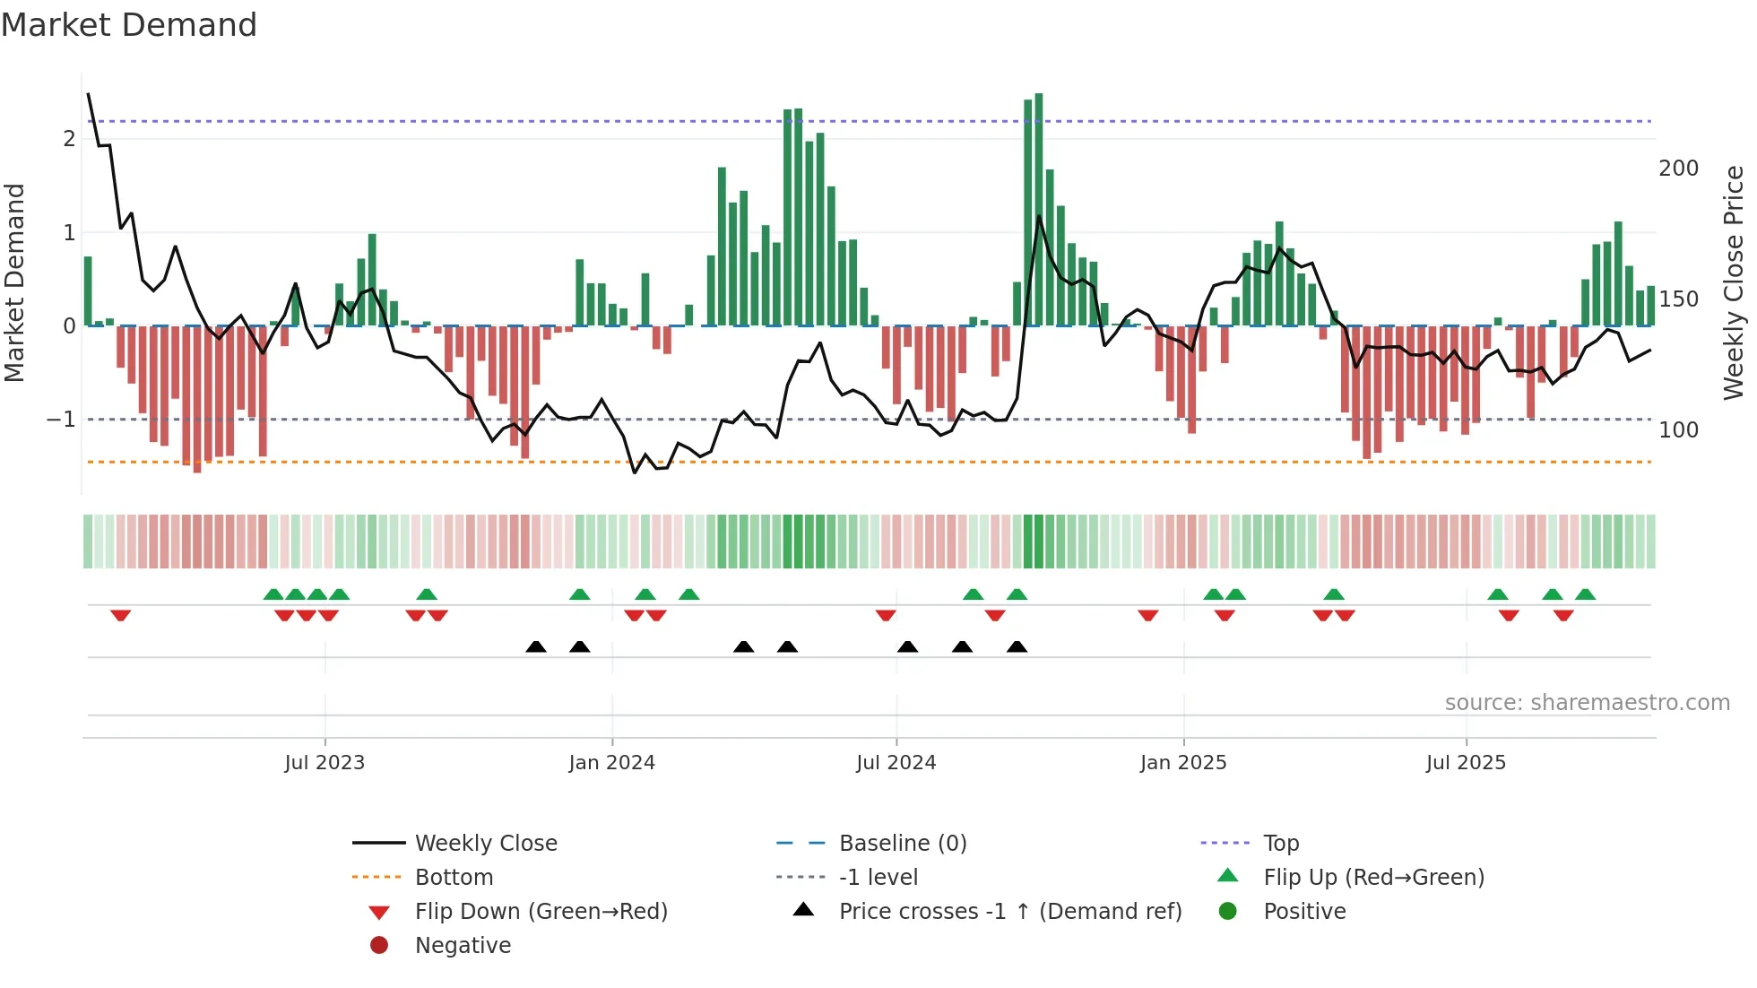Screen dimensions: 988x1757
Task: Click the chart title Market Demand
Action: click(129, 25)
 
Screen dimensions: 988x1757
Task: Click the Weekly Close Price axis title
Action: click(1734, 282)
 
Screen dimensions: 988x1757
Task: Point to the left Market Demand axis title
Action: click(14, 282)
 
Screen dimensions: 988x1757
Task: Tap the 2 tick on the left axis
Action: click(69, 139)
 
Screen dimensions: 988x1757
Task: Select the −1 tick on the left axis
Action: click(61, 420)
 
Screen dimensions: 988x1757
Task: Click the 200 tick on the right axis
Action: click(1678, 169)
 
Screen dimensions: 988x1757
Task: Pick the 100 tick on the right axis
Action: click(1678, 430)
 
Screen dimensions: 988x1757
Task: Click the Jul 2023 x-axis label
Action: click(325, 763)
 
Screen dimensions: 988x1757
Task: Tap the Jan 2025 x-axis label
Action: click(1182, 763)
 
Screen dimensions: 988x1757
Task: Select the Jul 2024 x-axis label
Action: click(896, 763)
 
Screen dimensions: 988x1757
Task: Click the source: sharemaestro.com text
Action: click(1587, 703)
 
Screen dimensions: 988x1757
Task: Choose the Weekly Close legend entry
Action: click(485, 844)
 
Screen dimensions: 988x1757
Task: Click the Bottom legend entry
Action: click(454, 878)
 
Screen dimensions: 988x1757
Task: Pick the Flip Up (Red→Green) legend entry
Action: click(1373, 878)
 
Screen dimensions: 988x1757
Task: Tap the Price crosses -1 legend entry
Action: click(1009, 912)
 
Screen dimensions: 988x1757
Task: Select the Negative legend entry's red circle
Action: click(379, 946)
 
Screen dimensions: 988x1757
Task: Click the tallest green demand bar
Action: click(1038, 209)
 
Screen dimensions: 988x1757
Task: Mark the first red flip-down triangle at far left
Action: click(121, 615)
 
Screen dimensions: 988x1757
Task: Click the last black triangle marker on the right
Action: click(1017, 647)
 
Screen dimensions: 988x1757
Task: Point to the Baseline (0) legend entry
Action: click(902, 844)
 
